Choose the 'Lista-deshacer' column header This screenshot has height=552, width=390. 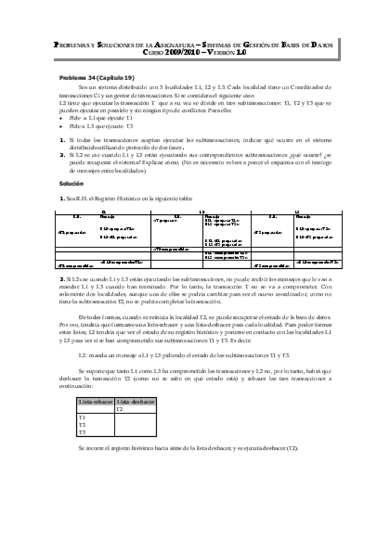click(x=133, y=402)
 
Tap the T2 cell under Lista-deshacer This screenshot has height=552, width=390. click(x=119, y=409)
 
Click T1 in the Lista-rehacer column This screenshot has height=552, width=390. click(x=82, y=417)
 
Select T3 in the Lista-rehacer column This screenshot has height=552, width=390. click(x=82, y=432)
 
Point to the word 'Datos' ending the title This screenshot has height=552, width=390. click(x=317, y=45)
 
